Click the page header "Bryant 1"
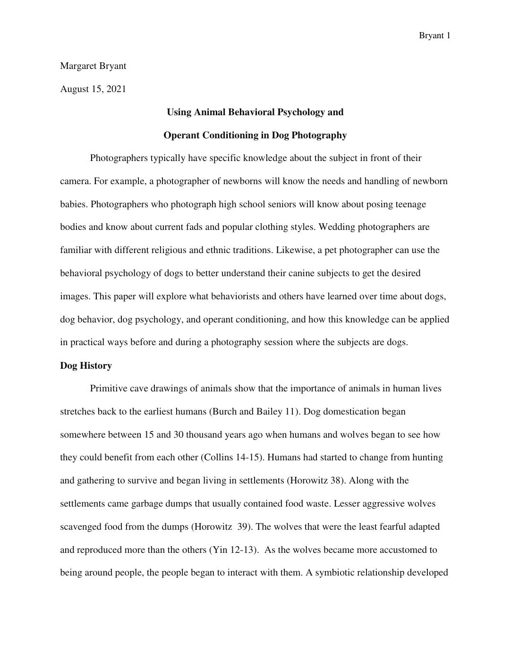[x=434, y=36]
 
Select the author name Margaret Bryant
[x=93, y=66]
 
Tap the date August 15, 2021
[x=93, y=89]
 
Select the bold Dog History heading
[x=86, y=366]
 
